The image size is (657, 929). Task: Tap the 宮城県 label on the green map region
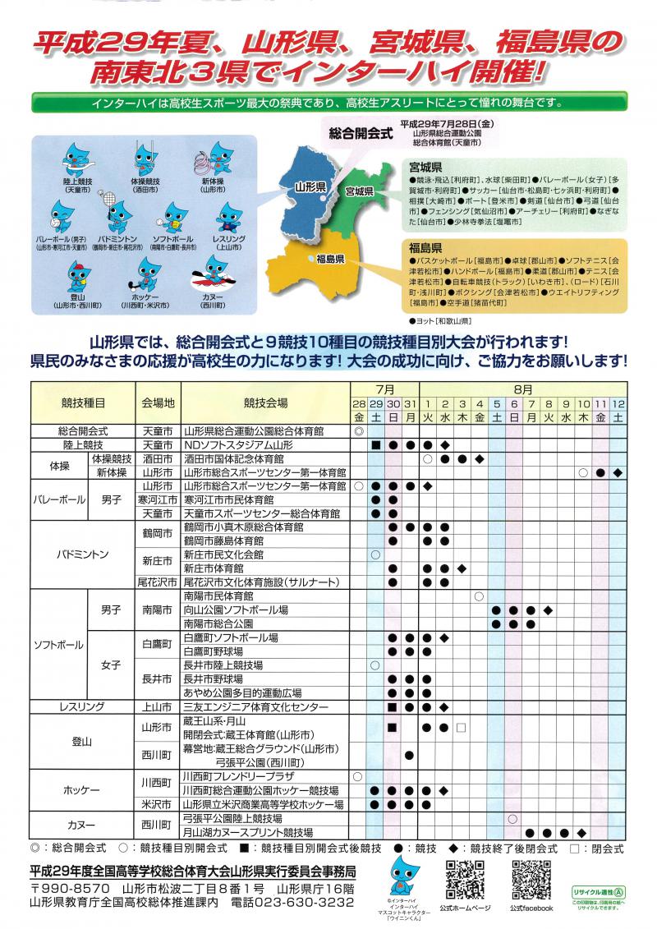(360, 191)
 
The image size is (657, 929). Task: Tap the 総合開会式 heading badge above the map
(360, 131)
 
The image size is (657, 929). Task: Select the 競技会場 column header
(265, 403)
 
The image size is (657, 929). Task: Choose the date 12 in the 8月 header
(618, 403)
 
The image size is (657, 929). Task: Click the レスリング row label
(82, 706)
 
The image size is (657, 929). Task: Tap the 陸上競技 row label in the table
(82, 444)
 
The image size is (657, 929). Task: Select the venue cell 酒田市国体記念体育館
(233, 458)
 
